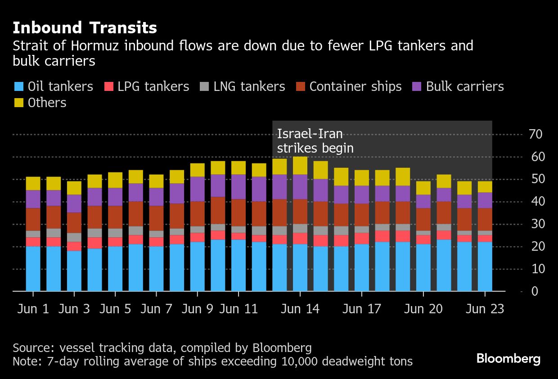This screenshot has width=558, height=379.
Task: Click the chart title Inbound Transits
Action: (x=85, y=28)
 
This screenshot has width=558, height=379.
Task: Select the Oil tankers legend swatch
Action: (x=18, y=86)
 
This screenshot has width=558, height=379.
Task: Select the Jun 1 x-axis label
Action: (x=33, y=309)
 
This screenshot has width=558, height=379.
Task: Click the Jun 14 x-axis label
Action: (x=300, y=309)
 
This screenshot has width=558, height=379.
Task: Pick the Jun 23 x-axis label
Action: (x=485, y=309)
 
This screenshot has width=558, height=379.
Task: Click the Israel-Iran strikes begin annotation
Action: (x=315, y=141)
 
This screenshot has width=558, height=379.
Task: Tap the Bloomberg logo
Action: (x=508, y=359)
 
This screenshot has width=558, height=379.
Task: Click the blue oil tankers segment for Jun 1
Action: (x=33, y=269)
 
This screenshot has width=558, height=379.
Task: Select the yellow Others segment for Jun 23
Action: (x=485, y=187)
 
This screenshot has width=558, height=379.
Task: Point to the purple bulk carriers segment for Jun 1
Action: (x=33, y=199)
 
